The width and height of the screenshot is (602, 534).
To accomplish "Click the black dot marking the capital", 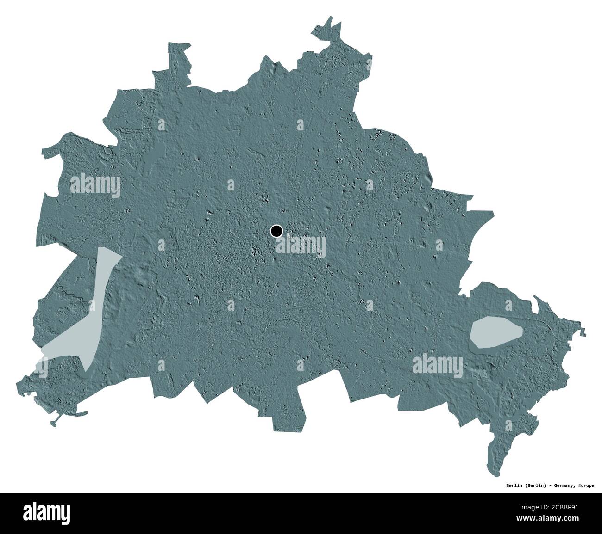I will (276, 231).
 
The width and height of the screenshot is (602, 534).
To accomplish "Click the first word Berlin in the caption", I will (512, 485).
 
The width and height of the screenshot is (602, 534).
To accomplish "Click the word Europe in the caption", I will (586, 485).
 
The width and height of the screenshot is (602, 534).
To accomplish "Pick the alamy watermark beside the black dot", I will (301, 246).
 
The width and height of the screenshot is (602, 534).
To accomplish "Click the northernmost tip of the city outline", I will (331, 18).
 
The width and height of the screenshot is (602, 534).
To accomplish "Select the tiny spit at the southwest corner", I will (55, 423).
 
